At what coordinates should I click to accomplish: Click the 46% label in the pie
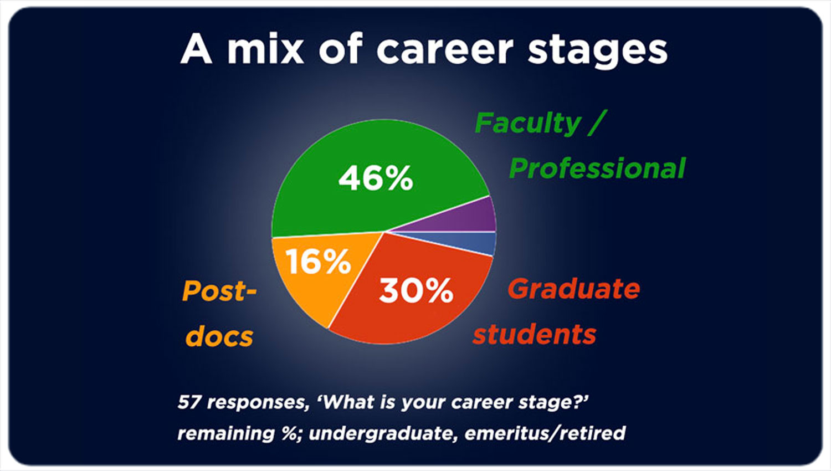pos(376,178)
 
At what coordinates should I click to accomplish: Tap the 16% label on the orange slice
pos(319,262)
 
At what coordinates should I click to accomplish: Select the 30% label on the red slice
pos(416,290)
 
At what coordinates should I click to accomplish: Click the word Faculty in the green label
pos(527,124)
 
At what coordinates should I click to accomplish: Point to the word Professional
pos(597,168)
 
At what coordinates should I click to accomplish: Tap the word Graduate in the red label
pos(573,289)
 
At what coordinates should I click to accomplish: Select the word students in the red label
pos(535,334)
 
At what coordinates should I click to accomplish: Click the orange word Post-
pos(219,291)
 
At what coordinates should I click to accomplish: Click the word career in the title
pos(445,49)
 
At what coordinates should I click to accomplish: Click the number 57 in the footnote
pos(189,402)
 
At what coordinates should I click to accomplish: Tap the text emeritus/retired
pos(545,433)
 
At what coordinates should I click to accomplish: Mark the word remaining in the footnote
pos(226,433)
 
